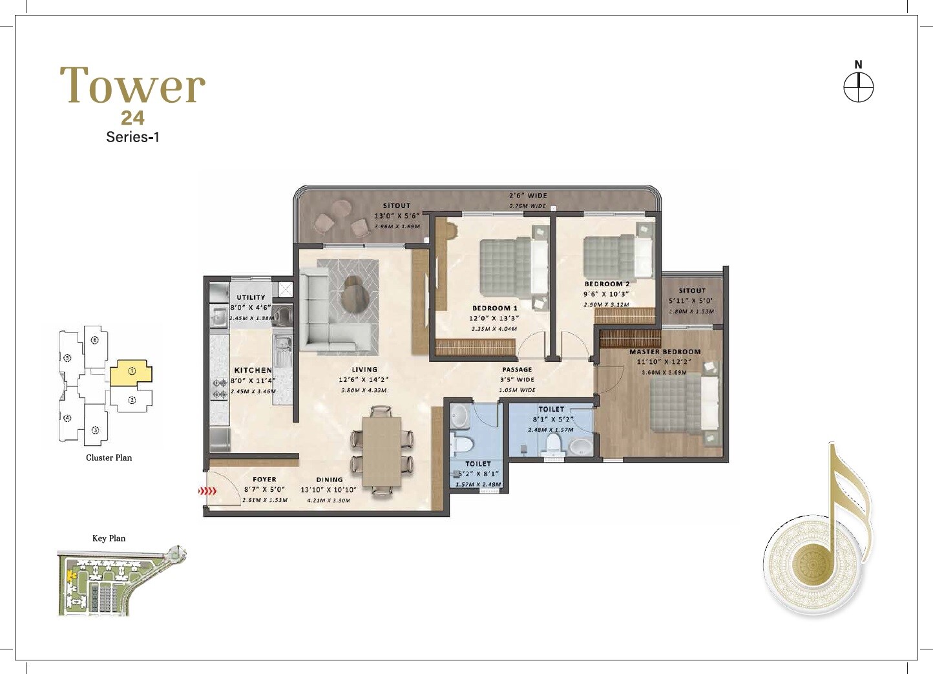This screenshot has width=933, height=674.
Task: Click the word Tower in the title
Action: (132, 86)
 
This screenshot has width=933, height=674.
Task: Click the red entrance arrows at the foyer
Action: (207, 491)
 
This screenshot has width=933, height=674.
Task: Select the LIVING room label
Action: (364, 370)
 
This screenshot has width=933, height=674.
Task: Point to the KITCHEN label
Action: (253, 370)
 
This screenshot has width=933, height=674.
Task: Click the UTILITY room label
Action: (251, 297)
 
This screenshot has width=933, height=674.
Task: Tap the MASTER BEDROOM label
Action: (665, 352)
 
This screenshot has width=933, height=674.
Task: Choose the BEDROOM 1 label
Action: (494, 308)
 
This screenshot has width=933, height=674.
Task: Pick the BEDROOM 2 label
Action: (607, 284)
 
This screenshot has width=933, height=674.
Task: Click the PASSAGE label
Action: (517, 370)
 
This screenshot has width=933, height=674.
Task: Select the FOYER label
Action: (264, 479)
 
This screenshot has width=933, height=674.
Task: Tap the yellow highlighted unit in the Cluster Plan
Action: (131, 373)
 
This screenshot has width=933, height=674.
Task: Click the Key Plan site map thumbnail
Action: (121, 582)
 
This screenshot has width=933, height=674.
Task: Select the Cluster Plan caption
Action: (109, 458)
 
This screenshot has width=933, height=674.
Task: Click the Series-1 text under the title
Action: (132, 137)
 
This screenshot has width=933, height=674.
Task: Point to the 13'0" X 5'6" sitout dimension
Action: (397, 216)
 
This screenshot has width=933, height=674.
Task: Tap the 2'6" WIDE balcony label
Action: (528, 195)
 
